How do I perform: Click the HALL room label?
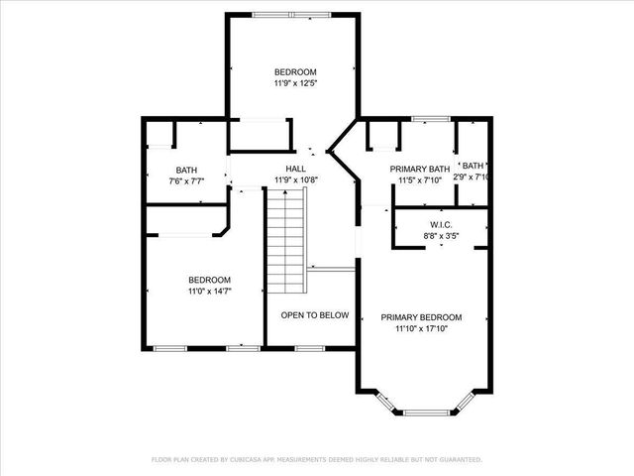[x=295, y=169]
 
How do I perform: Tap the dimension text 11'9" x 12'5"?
[x=295, y=83]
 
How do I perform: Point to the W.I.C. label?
[x=441, y=224]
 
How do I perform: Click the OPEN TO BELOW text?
[x=314, y=315]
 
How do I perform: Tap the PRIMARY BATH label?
[x=420, y=169]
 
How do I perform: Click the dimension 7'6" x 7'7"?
[x=186, y=180]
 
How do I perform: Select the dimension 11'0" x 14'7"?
[x=209, y=292]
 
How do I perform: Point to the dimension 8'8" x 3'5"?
[x=441, y=236]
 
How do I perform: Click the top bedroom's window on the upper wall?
[x=292, y=14]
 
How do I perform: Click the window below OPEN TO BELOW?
[x=310, y=348]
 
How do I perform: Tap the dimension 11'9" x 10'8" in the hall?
[x=295, y=180]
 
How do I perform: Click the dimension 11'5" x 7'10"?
[x=420, y=180]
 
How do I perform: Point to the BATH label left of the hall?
[x=186, y=170]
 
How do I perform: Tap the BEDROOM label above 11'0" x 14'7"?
[x=209, y=280]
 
